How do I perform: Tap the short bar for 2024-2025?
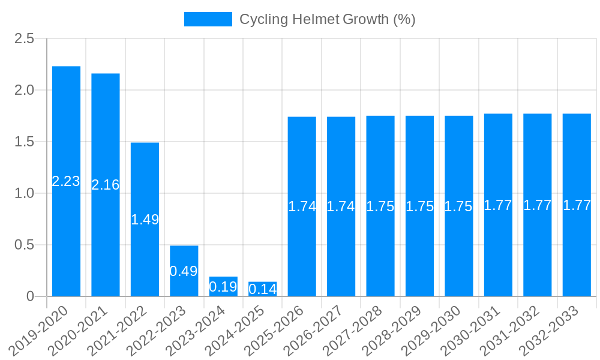click(x=262, y=289)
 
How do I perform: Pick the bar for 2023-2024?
click(x=223, y=286)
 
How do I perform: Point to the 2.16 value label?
click(x=106, y=185)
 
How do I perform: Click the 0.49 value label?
click(x=184, y=271)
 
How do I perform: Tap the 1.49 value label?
click(x=145, y=220)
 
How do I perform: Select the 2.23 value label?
click(x=66, y=181)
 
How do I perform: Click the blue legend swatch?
click(x=208, y=19)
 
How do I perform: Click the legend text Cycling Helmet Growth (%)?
click(x=327, y=19)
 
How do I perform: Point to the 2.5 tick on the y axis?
click(x=25, y=39)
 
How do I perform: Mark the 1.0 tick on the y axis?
click(x=25, y=193)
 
